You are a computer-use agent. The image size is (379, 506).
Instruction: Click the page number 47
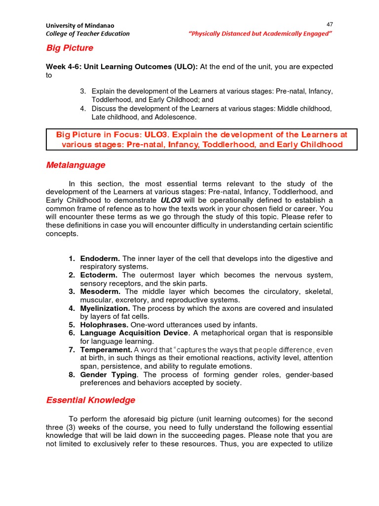(x=330, y=24)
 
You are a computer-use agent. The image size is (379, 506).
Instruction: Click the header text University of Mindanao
(x=80, y=25)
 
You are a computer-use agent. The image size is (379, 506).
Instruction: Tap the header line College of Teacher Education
(x=88, y=34)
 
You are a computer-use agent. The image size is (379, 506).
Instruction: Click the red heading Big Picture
(x=70, y=48)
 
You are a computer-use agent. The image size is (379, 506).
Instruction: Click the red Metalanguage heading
(x=76, y=165)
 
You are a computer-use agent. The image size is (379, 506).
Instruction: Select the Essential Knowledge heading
(x=90, y=400)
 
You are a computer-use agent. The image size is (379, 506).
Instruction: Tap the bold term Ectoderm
(x=99, y=275)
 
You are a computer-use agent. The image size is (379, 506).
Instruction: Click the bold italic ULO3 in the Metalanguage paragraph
(x=171, y=200)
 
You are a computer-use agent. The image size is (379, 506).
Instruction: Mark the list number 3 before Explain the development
(x=83, y=91)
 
